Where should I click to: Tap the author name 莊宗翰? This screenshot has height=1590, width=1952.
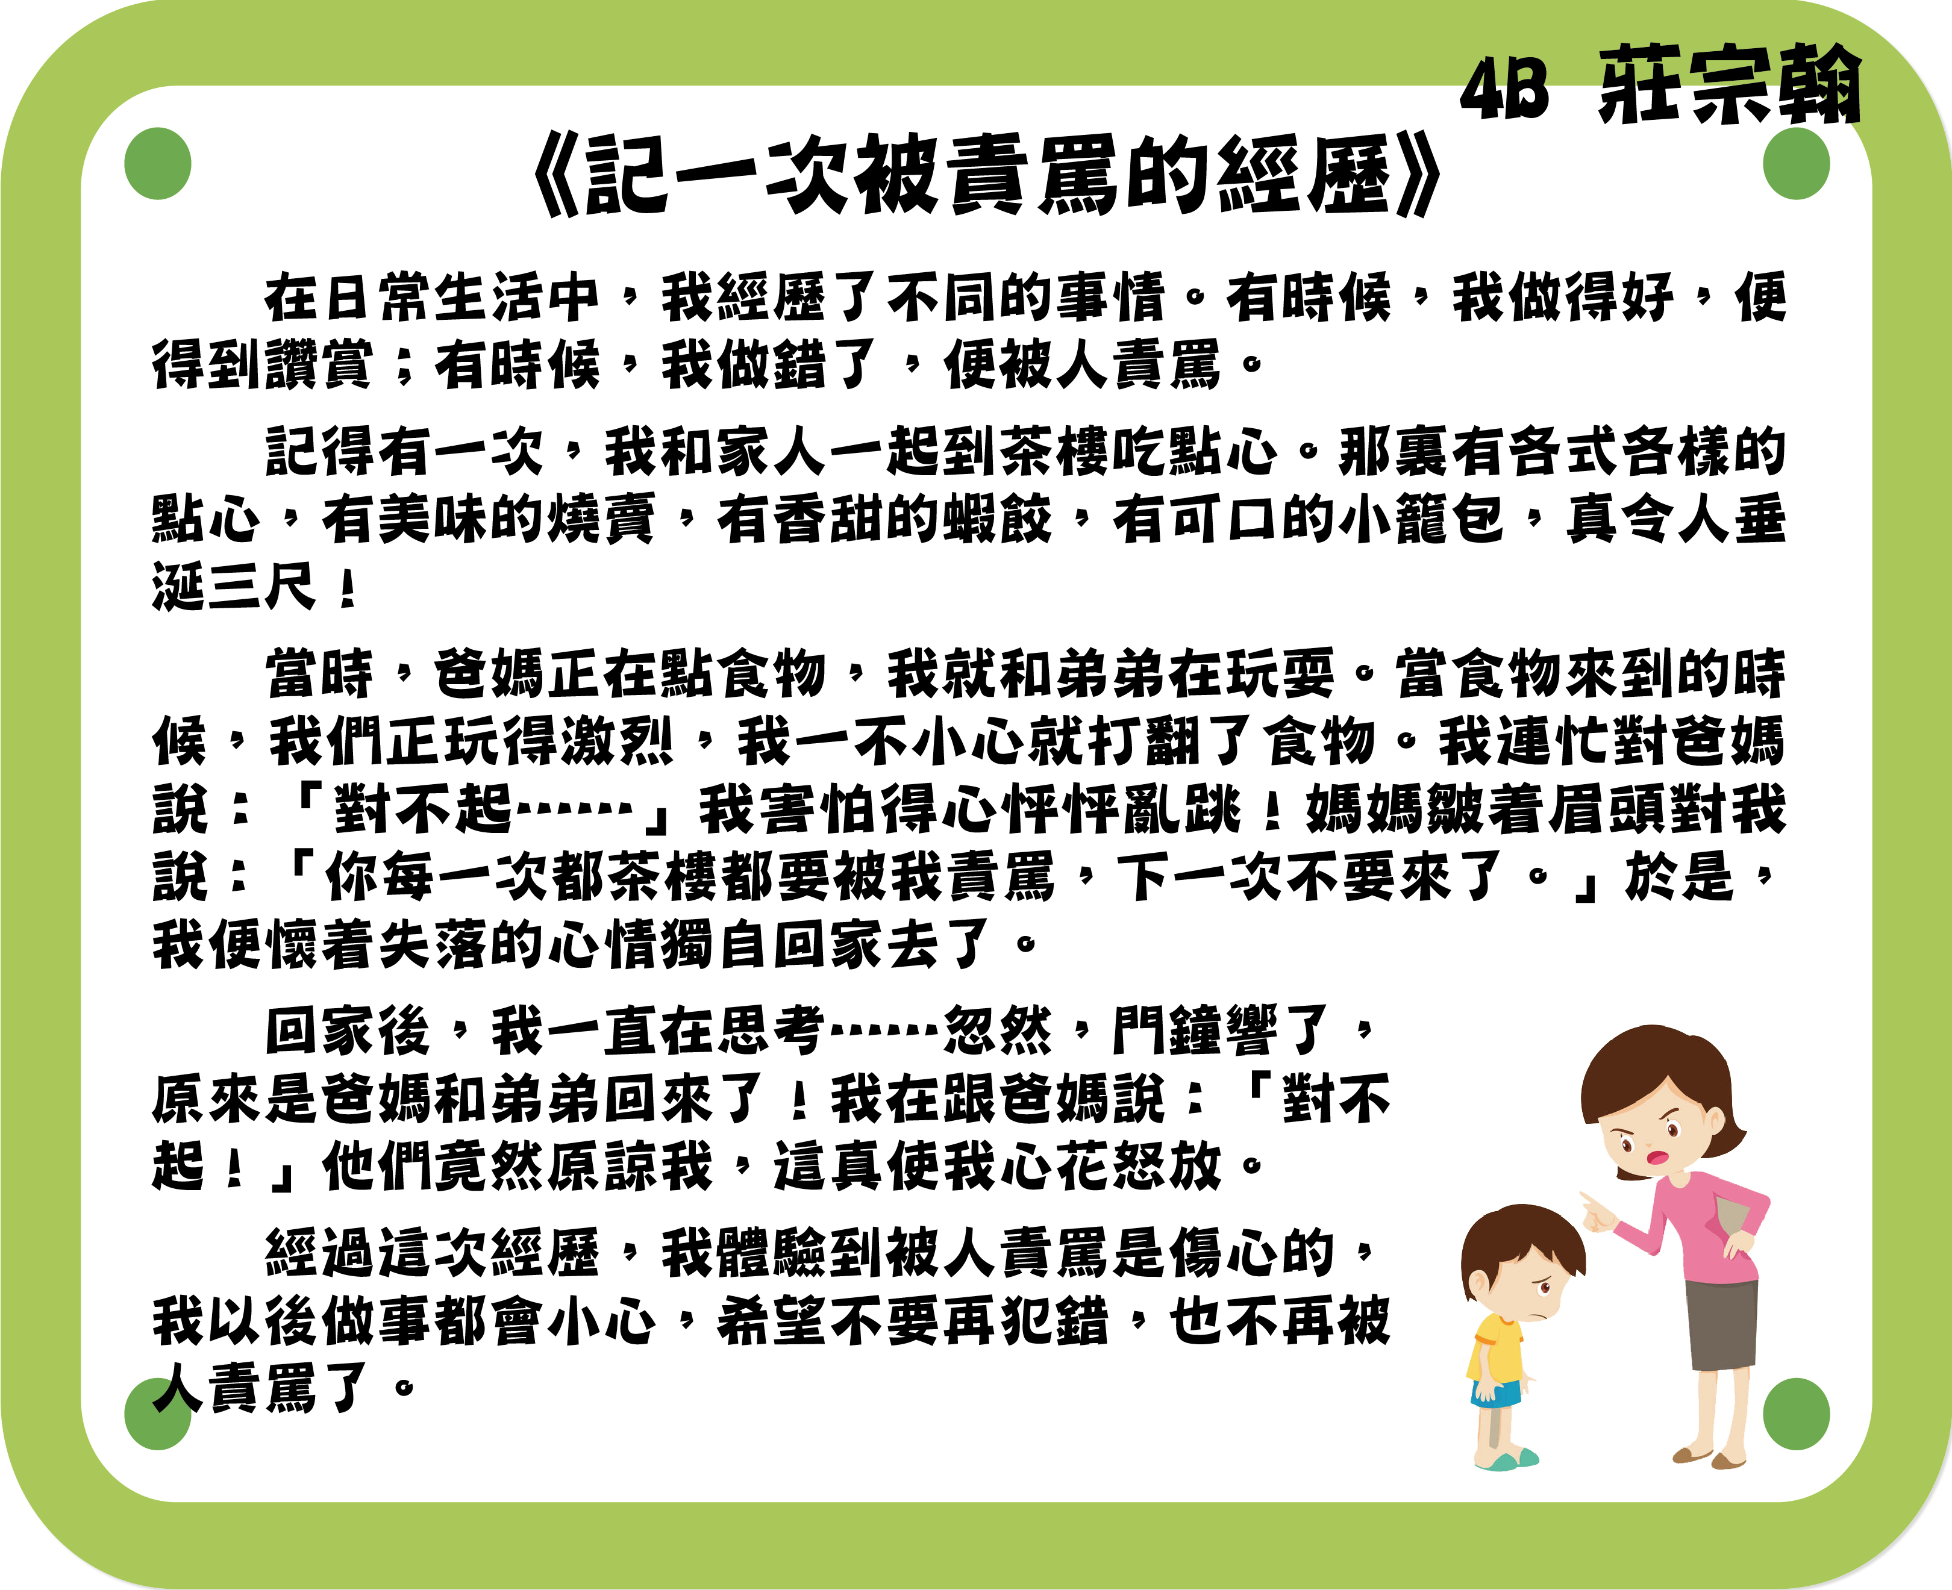coord(1730,84)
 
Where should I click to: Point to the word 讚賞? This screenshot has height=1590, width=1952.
coord(319,364)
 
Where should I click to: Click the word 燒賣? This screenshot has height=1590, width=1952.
coord(601,519)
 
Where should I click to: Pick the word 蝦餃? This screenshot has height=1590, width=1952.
coord(996,519)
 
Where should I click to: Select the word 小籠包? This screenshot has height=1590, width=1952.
coord(1420,519)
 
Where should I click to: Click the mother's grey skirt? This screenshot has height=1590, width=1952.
coord(1722,1323)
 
